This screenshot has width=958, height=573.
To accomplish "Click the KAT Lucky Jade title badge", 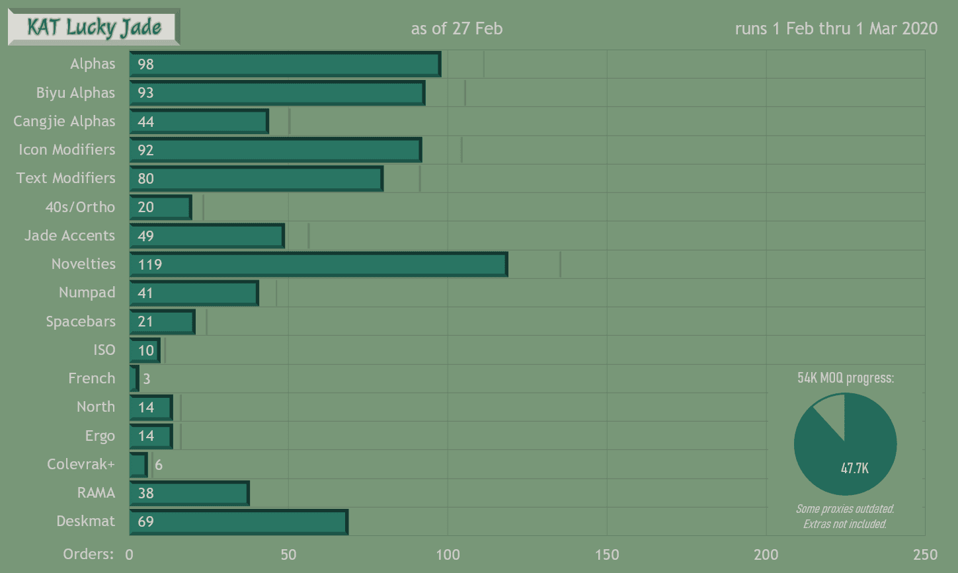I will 94,27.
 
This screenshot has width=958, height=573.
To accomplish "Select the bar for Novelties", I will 319,264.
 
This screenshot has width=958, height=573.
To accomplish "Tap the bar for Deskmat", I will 239,521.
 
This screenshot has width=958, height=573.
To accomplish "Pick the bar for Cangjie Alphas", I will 199,122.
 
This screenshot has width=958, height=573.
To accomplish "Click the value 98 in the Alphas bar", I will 145,64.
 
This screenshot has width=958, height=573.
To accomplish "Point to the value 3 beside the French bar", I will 147,379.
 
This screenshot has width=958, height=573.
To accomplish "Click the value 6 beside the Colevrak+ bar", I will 159,465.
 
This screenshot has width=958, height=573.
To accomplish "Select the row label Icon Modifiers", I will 67,150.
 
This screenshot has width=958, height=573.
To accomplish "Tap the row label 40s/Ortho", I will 80,207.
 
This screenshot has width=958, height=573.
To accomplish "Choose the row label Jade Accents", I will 69,236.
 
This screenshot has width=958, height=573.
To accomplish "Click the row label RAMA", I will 96,493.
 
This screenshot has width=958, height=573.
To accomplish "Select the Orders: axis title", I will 88,554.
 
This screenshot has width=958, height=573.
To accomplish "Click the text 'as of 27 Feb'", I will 457,29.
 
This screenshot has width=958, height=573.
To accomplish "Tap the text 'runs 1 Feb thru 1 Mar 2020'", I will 836,29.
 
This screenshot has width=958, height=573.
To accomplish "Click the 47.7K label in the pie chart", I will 854,469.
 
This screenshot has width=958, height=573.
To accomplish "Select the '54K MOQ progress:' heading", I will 846,378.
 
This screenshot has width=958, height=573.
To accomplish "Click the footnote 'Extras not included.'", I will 845,524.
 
